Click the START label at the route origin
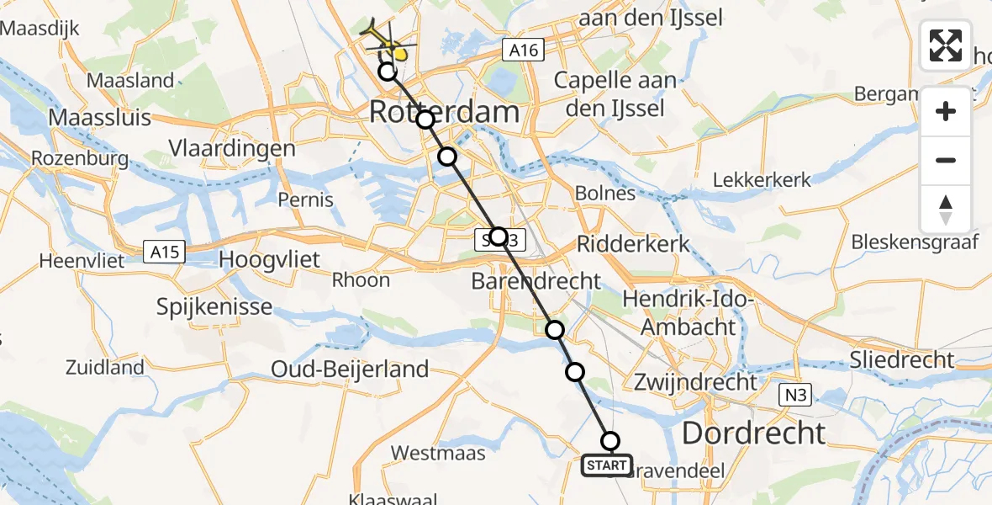pyautogui.click(x=606, y=465)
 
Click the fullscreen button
pyautogui.click(x=946, y=45)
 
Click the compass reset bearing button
pyautogui.click(x=946, y=210)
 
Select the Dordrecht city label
pyautogui.click(x=753, y=433)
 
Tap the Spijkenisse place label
pyautogui.click(x=214, y=306)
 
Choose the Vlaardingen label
pyautogui.click(x=232, y=149)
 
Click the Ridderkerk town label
pyautogui.click(x=633, y=244)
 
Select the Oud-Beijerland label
pyautogui.click(x=350, y=369)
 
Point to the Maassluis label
pyautogui.click(x=99, y=116)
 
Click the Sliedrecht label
pyautogui.click(x=901, y=360)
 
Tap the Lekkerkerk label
pyautogui.click(x=761, y=179)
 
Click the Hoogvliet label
pyautogui.click(x=269, y=260)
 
